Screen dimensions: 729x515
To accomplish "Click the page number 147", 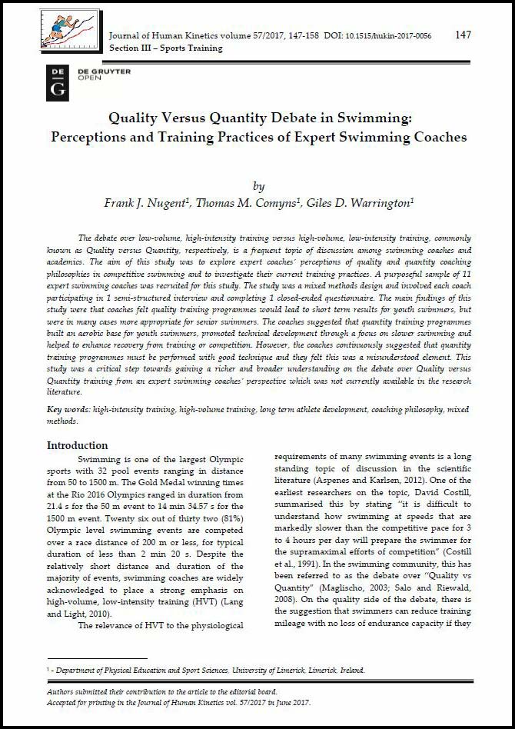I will tap(463, 35).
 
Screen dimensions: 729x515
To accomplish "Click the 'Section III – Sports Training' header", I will tap(165, 48).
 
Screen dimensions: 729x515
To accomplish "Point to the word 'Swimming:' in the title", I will tap(377, 118).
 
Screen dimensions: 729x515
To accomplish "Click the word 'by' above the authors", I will tap(258, 186).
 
